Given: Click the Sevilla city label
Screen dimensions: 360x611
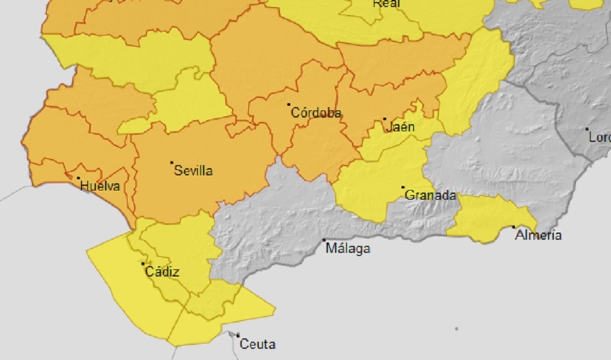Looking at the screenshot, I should pos(193,171).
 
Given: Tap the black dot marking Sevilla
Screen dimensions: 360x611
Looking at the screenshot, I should pos(171,162).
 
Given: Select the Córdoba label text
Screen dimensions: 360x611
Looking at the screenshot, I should pos(316,113).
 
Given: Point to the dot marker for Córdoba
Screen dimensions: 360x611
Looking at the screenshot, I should pos(289,104).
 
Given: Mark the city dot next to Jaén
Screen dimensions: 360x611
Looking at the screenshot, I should pos(385,119).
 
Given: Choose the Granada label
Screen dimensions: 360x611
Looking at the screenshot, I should pos(430,195).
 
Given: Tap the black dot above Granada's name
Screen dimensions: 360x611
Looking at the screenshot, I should pos(403,187).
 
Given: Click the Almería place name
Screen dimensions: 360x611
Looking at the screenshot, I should pos(539,235).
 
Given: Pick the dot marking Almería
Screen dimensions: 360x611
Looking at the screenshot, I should pos(514,227).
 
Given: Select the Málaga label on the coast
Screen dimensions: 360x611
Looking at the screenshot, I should pos(348,249).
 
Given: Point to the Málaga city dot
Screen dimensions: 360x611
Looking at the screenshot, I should pos(324,240).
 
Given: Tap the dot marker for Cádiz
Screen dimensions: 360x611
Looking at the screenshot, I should pos(143,263).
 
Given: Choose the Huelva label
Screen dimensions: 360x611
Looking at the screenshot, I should pos(100,187).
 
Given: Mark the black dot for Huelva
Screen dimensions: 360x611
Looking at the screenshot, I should pos(78,178).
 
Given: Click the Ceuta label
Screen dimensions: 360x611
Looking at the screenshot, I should pos(258,344).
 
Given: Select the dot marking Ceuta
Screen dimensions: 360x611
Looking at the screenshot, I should pos(238,335).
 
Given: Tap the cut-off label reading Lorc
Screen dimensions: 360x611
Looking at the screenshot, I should pos(599,138).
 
